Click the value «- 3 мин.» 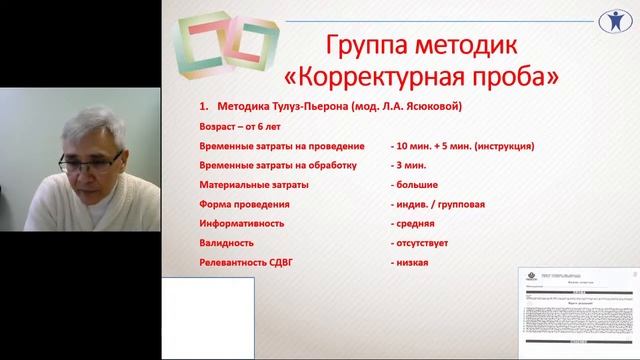[x=414, y=166]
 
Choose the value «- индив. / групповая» [x=439, y=204]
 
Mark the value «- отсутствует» [x=426, y=242]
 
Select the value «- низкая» [x=411, y=262]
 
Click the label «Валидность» [x=226, y=242]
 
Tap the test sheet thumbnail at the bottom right [x=577, y=309]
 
